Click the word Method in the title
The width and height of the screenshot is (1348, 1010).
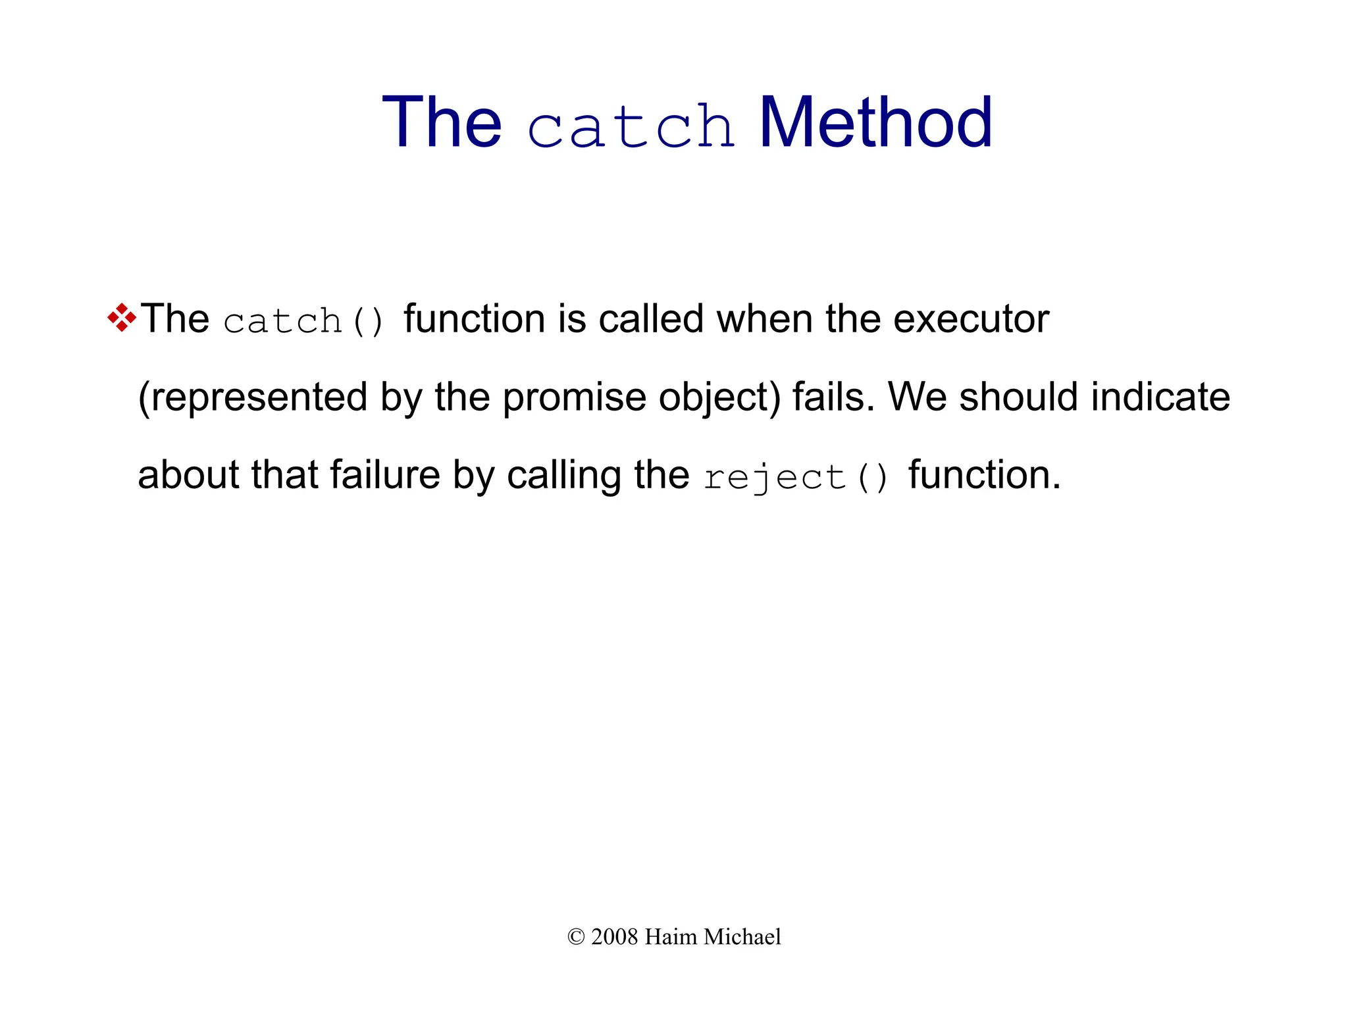pos(875,123)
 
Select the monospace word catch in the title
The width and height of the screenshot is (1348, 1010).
pos(631,126)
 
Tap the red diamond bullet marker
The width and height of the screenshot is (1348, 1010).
pos(122,318)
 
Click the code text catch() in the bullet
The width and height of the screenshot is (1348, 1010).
pos(303,321)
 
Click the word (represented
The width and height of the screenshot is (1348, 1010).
pos(253,397)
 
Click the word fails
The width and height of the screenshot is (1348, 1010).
pos(833,397)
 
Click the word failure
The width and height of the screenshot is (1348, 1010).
pos(384,475)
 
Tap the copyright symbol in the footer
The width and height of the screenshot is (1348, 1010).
pos(576,937)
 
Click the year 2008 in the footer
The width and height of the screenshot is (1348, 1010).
pos(615,937)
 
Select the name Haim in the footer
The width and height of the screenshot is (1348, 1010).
pos(671,937)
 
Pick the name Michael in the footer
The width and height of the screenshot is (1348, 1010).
pos(742,937)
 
